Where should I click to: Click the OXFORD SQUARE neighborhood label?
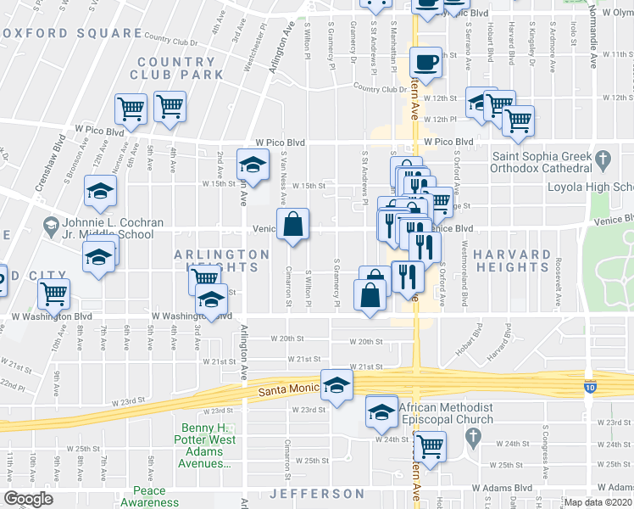point(72,33)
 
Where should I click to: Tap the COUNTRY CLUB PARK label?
point(177,68)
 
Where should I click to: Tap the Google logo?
point(28,499)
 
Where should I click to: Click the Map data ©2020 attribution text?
point(598,502)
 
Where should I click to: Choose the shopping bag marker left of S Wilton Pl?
point(292,226)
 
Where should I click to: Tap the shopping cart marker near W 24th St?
point(430,444)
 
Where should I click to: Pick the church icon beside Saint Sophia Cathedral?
point(603,159)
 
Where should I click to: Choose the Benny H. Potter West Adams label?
point(208,445)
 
